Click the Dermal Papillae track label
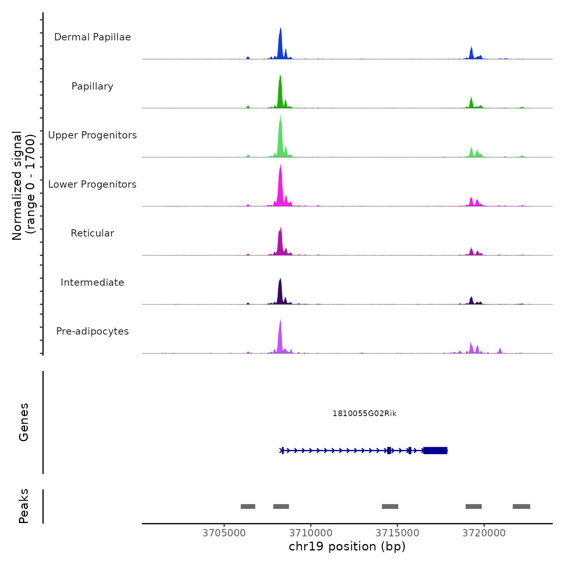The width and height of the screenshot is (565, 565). (x=92, y=37)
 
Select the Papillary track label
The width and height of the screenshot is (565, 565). (x=92, y=86)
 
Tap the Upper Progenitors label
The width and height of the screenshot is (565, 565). (x=92, y=135)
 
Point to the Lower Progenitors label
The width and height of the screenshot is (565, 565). (x=92, y=184)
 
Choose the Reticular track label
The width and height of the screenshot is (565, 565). (x=92, y=233)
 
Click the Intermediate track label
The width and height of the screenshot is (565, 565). (x=92, y=282)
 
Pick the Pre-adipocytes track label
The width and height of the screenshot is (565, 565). (x=92, y=331)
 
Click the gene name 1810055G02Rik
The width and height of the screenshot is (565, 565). (x=364, y=414)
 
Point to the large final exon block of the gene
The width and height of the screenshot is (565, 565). (x=435, y=450)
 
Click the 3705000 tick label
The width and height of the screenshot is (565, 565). (x=224, y=533)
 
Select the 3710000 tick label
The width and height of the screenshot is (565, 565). (x=311, y=533)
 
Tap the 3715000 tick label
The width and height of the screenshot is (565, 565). (x=397, y=533)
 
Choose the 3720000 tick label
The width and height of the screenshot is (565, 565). (x=484, y=533)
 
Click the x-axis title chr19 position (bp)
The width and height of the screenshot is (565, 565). (x=347, y=546)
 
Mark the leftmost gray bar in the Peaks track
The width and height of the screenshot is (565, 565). (x=248, y=506)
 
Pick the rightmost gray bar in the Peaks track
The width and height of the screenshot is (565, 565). (x=521, y=506)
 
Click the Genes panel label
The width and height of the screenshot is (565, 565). (x=24, y=422)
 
